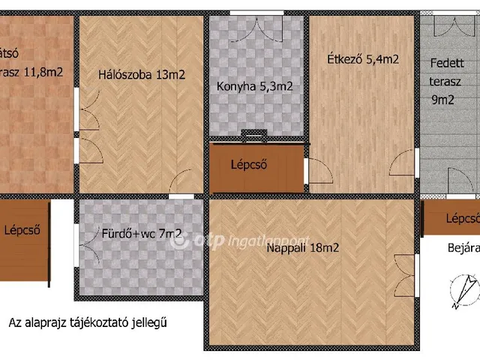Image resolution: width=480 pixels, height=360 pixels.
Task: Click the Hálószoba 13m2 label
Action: [x=141, y=74]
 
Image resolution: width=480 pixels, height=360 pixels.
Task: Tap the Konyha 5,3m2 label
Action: [x=253, y=86]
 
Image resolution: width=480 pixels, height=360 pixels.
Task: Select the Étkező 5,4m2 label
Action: [x=362, y=59]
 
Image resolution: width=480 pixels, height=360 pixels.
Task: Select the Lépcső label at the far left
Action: [x=22, y=229]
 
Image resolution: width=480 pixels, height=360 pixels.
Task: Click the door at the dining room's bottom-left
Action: [x=316, y=173]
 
